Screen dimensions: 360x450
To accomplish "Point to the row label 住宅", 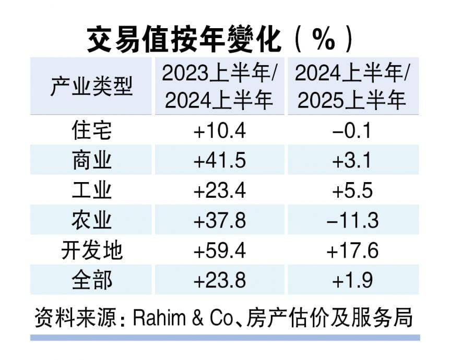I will tap(92, 130).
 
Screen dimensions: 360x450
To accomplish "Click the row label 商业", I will tap(92, 161).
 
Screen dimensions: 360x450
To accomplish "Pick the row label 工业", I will tap(92, 190).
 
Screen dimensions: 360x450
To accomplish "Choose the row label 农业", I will tap(92, 221).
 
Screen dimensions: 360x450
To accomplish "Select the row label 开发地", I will tap(92, 251).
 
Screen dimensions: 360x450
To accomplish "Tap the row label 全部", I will tap(92, 281).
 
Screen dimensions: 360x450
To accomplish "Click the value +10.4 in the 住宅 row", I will tap(219, 130).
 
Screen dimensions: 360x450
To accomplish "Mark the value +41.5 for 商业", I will tap(219, 161).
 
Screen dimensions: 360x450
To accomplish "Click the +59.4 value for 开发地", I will tap(219, 251).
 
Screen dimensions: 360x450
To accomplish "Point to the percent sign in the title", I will tap(324, 41).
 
